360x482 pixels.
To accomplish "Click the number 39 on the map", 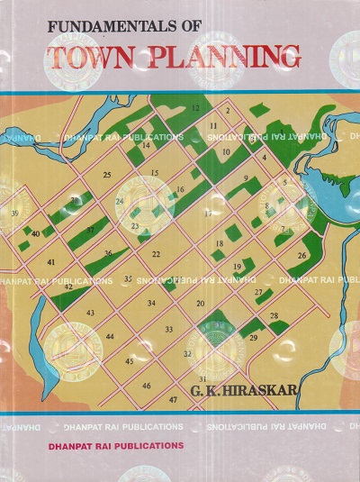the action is click(14, 214).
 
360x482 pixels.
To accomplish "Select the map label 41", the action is click(51, 262).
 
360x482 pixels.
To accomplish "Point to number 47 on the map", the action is click(172, 398).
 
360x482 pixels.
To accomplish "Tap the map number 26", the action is click(301, 256).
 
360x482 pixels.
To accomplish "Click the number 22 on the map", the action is click(156, 255).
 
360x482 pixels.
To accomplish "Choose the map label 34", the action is click(151, 303).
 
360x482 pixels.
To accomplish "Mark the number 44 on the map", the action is click(109, 337).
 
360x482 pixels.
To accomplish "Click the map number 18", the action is click(219, 244).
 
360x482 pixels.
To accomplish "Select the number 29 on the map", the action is click(254, 338).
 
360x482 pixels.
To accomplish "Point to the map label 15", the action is click(154, 172).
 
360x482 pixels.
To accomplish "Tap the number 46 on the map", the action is click(146, 386).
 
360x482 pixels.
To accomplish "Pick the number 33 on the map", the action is click(169, 330).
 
